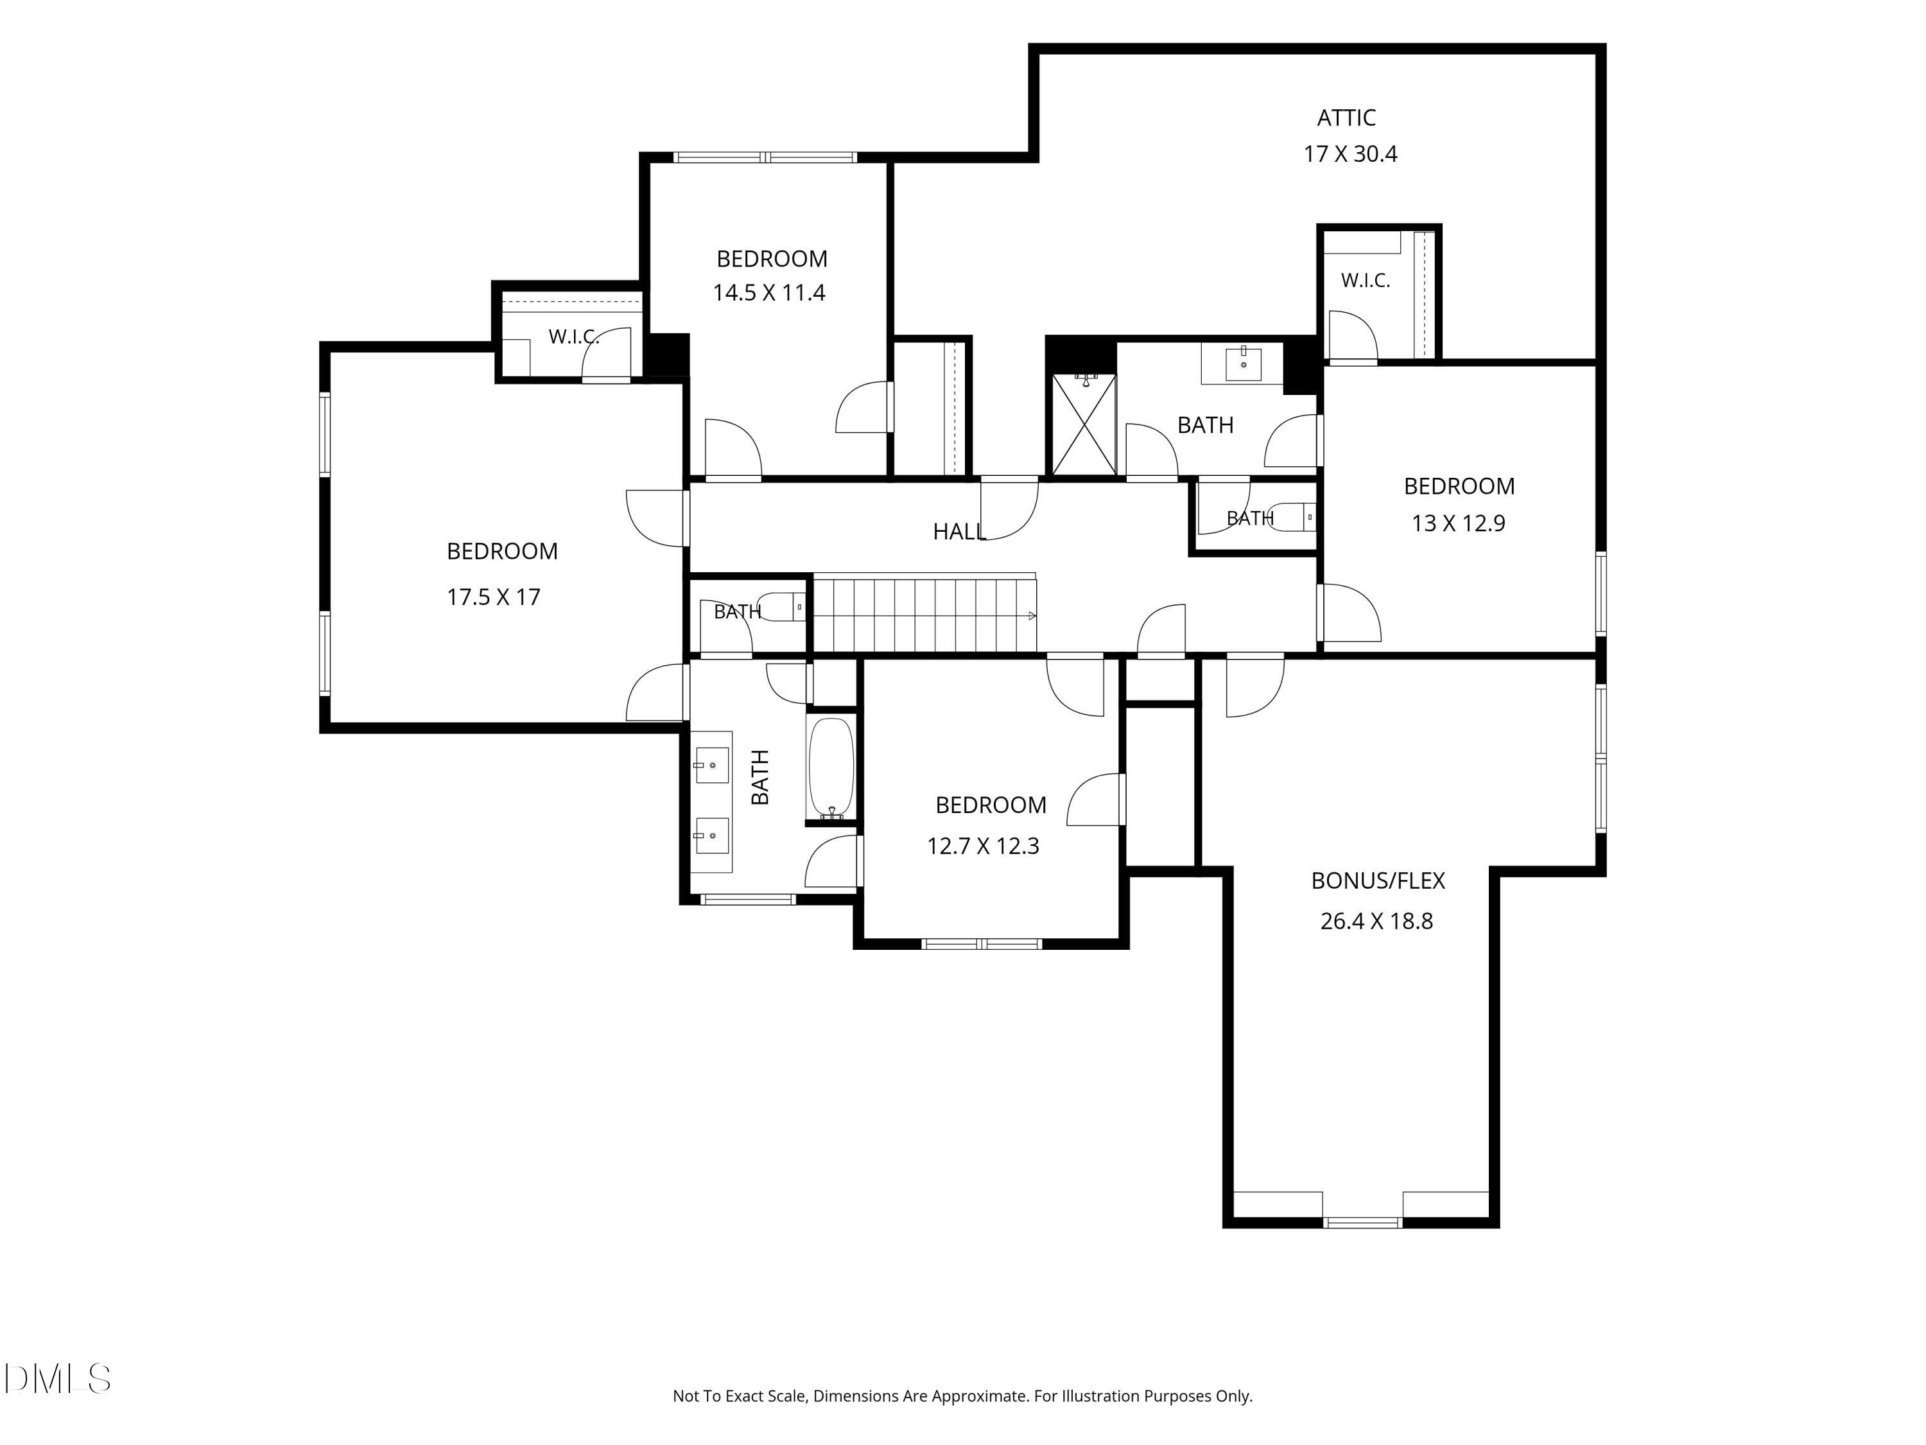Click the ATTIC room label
(1346, 118)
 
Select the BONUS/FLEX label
(1378, 880)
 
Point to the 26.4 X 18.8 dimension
(1376, 921)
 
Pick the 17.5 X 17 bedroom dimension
(494, 597)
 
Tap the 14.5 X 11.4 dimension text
(769, 293)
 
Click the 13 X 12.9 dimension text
(1459, 523)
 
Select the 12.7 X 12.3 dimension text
(983, 846)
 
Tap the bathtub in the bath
(831, 768)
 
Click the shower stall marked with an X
(1084, 425)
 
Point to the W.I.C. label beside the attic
(1366, 281)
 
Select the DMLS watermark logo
(58, 1379)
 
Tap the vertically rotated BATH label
(760, 777)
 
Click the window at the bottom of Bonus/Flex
(1363, 1222)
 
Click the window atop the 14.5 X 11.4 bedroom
(766, 157)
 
